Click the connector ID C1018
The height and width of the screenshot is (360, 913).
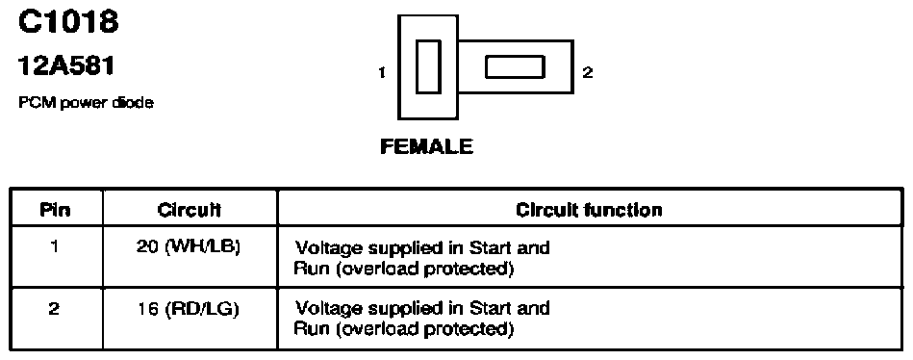click(68, 22)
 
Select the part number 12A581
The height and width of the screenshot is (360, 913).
click(66, 65)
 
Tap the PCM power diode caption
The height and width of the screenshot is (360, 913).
click(87, 103)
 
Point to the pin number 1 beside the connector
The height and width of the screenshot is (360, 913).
click(382, 73)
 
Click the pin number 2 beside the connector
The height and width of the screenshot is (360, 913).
click(588, 73)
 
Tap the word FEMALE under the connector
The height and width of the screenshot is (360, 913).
click(427, 146)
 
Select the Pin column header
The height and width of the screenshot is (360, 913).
click(55, 210)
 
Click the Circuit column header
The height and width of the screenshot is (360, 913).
click(190, 210)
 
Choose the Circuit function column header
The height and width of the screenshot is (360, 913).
click(589, 210)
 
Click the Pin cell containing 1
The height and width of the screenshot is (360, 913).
click(54, 246)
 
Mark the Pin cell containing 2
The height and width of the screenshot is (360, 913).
click(54, 308)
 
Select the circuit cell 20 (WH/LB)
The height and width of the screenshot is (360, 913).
click(188, 247)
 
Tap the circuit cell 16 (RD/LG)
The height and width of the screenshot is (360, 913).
click(188, 309)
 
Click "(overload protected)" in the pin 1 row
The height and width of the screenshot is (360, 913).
click(425, 270)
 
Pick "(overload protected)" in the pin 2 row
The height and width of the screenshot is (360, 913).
click(425, 329)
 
